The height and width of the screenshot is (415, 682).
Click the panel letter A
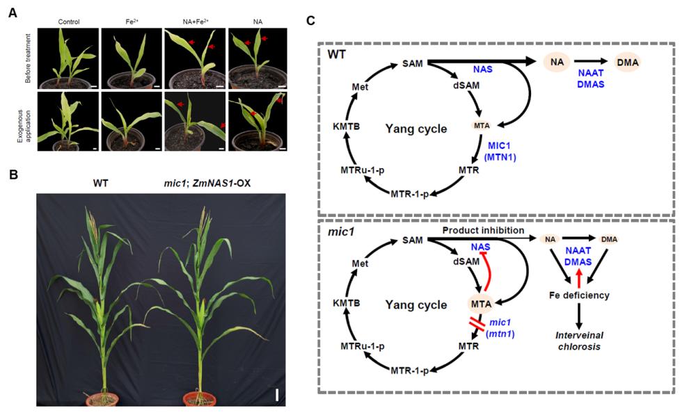point(13,13)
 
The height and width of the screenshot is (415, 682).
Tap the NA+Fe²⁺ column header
point(196,21)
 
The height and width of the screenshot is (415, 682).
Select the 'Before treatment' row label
point(29,58)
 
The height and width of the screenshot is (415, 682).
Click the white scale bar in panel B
point(277,395)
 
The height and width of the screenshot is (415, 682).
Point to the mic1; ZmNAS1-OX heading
point(207,183)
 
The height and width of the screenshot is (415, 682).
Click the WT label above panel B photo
point(100,183)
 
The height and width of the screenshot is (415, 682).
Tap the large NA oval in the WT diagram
point(557,62)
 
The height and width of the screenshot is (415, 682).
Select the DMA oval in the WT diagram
point(627,62)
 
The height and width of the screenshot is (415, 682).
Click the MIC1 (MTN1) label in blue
point(500,152)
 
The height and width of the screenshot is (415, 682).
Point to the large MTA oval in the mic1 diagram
point(481,304)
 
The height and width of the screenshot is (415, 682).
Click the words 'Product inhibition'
point(483,230)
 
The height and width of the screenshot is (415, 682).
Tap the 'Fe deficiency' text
point(579,295)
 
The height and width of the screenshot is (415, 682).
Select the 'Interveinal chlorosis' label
point(579,341)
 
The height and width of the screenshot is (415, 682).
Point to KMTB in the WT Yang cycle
point(347,127)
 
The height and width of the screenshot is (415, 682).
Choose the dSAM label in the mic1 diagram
point(466,261)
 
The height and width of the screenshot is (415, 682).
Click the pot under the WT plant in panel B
point(102,398)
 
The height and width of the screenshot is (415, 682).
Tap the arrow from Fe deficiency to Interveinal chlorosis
point(578,316)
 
